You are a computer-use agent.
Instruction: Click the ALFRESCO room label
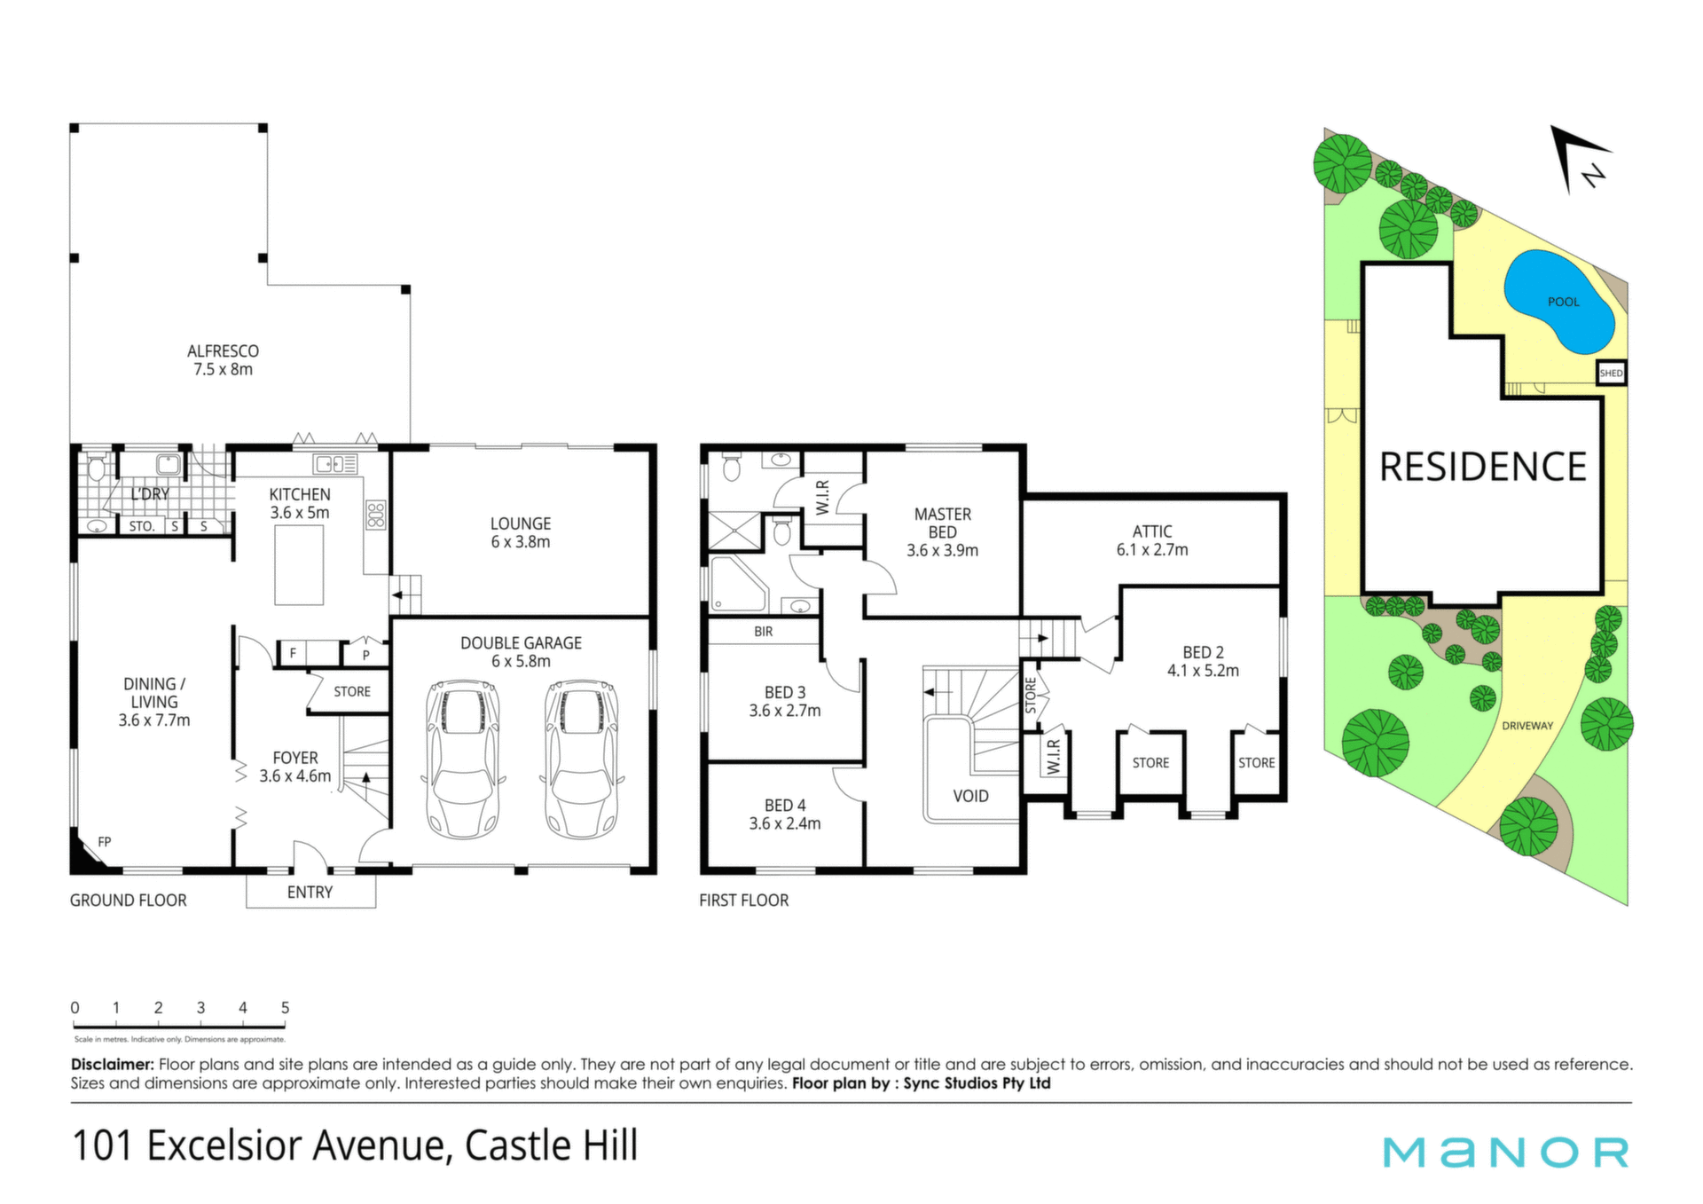click(223, 351)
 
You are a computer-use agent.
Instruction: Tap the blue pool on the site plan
click(1558, 302)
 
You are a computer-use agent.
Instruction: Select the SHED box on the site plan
click(1611, 373)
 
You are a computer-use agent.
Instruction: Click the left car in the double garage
click(463, 759)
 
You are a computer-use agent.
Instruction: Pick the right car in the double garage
click(581, 759)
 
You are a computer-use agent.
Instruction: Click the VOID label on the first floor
click(970, 796)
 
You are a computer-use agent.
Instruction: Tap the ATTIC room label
click(1152, 531)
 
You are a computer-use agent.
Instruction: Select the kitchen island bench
click(299, 565)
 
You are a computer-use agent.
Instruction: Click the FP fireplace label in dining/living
click(105, 841)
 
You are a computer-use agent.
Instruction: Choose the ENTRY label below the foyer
click(310, 893)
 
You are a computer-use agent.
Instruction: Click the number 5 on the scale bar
click(285, 1008)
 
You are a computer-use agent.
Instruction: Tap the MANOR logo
click(1506, 1153)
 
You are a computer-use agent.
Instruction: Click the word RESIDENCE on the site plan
click(1483, 467)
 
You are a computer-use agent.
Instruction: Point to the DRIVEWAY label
click(1527, 726)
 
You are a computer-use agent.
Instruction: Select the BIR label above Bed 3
click(764, 632)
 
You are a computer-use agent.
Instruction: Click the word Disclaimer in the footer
click(113, 1064)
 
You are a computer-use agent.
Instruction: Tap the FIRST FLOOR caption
click(743, 901)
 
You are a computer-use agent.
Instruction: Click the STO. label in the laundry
click(142, 526)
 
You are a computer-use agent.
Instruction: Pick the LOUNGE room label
click(521, 524)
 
